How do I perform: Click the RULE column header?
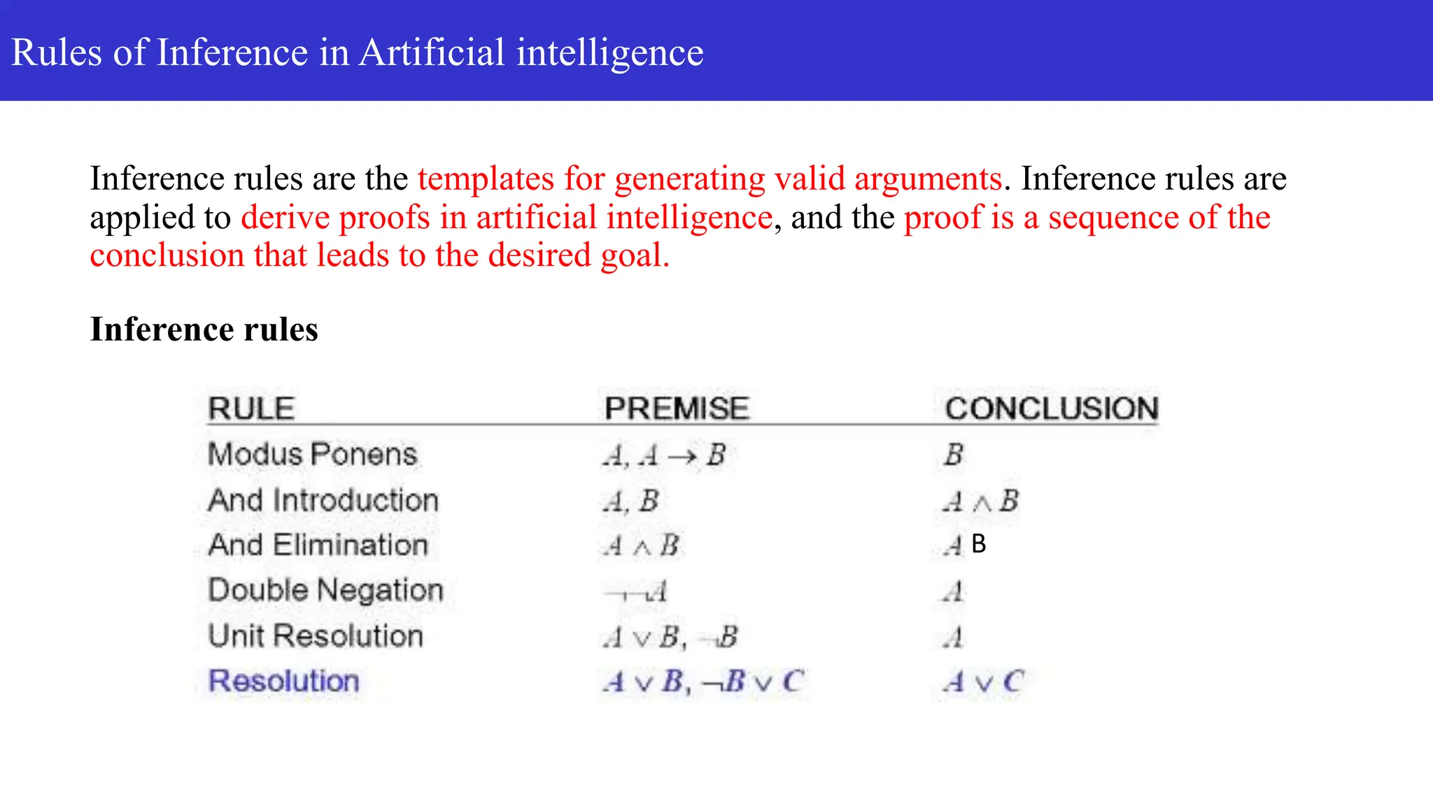pyautogui.click(x=251, y=409)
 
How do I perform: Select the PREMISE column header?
pyautogui.click(x=677, y=409)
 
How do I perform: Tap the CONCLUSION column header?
pyautogui.click(x=1052, y=409)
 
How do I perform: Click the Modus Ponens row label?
pyautogui.click(x=312, y=455)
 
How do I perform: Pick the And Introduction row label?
pyautogui.click(x=323, y=501)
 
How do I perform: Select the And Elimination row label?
pyautogui.click(x=318, y=545)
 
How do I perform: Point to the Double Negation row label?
pyautogui.click(x=325, y=591)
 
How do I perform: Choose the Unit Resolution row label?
pyautogui.click(x=316, y=636)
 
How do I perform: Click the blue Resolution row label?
pyautogui.click(x=283, y=681)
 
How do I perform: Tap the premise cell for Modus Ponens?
pyautogui.click(x=663, y=456)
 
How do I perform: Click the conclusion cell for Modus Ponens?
pyautogui.click(x=953, y=455)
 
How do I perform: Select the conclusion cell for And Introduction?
pyautogui.click(x=981, y=502)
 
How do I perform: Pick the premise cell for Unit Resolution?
pyautogui.click(x=670, y=637)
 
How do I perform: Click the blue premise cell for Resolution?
pyautogui.click(x=703, y=681)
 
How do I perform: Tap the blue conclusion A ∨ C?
pyautogui.click(x=983, y=681)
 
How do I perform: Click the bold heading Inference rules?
pyautogui.click(x=204, y=329)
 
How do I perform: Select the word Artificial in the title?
pyautogui.click(x=431, y=52)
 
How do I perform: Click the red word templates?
pyautogui.click(x=486, y=178)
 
